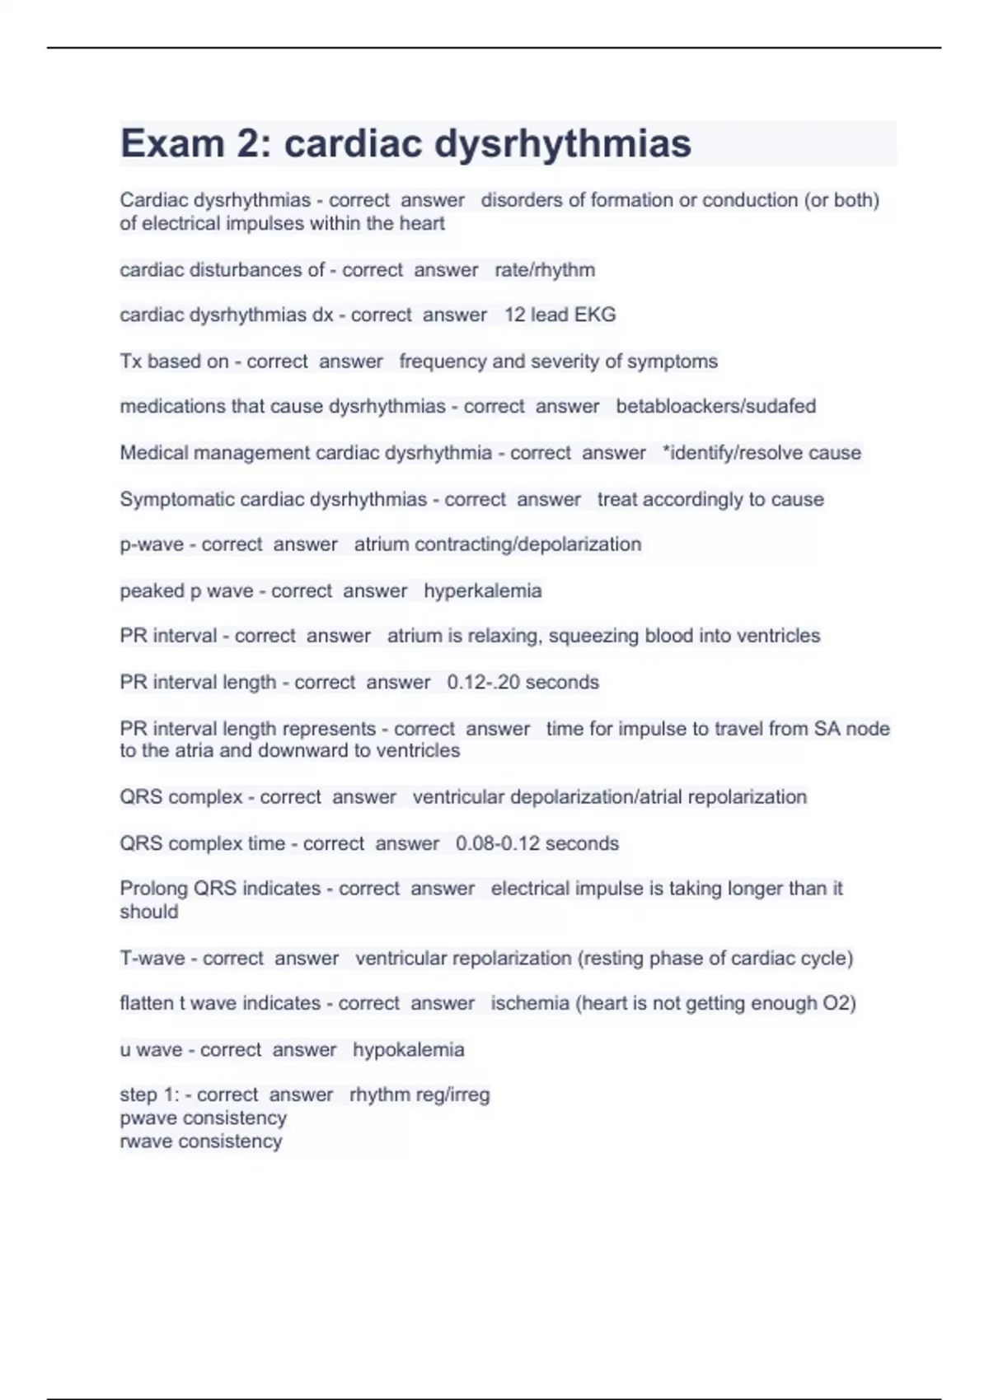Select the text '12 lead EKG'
point(560,315)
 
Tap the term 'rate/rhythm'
point(544,270)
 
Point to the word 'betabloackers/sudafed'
point(715,406)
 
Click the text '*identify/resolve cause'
point(762,453)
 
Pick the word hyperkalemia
point(482,590)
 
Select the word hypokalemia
point(408,1050)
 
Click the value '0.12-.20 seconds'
point(523,682)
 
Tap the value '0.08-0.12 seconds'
point(537,843)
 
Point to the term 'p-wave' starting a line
point(152,544)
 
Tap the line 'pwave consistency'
point(203,1118)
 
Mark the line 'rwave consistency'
point(200,1141)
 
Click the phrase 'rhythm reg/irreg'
point(420,1094)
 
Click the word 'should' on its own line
point(148,912)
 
